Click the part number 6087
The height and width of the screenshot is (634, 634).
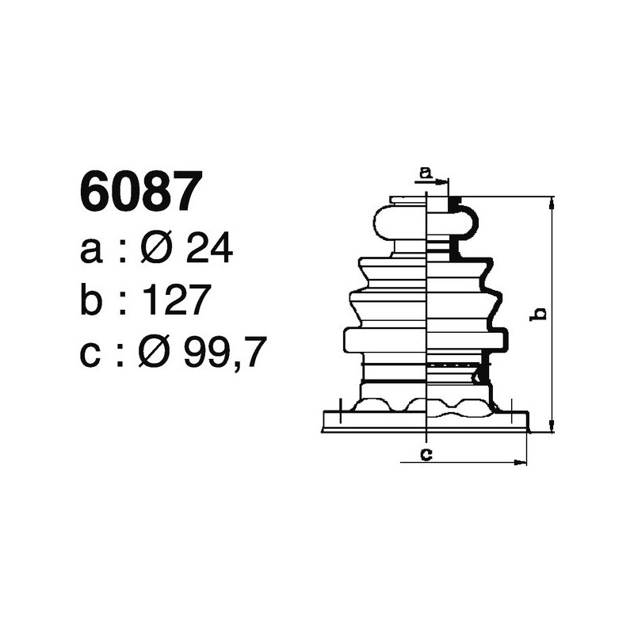pyautogui.click(x=137, y=192)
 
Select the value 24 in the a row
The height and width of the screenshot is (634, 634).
pyautogui.click(x=208, y=250)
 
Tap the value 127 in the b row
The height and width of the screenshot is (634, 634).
pyautogui.click(x=177, y=301)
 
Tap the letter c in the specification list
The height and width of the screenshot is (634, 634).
pyautogui.click(x=92, y=354)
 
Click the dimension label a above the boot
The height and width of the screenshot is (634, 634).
pyautogui.click(x=425, y=171)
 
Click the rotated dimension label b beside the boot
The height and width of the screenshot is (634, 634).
pyautogui.click(x=539, y=314)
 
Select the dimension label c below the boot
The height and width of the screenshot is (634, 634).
pyautogui.click(x=426, y=454)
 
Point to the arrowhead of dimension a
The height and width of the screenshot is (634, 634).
pyautogui.click(x=444, y=181)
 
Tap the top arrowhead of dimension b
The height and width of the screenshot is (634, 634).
pyautogui.click(x=549, y=201)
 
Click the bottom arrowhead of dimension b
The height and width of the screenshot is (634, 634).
pyautogui.click(x=549, y=428)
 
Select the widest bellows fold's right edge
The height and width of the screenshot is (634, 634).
pyautogui.click(x=504, y=339)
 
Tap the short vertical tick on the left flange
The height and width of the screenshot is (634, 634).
pyautogui.click(x=338, y=411)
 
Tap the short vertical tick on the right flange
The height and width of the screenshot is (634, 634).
pyautogui.click(x=515, y=411)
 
